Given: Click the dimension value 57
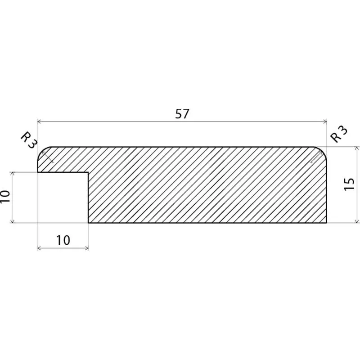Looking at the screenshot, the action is (182, 113).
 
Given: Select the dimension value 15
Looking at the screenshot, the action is (349, 184).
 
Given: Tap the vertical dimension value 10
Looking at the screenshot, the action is (5, 197).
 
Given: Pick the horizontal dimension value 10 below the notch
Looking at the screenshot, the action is (63, 240).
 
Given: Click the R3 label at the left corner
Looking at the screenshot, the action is (29, 140).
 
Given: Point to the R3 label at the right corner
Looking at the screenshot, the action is (339, 134).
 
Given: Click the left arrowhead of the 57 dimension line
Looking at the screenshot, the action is (39, 121).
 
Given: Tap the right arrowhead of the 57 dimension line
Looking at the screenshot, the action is (325, 121).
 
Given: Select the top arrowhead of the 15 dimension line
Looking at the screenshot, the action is (357, 148).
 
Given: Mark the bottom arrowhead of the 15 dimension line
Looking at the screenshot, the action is (357, 221).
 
